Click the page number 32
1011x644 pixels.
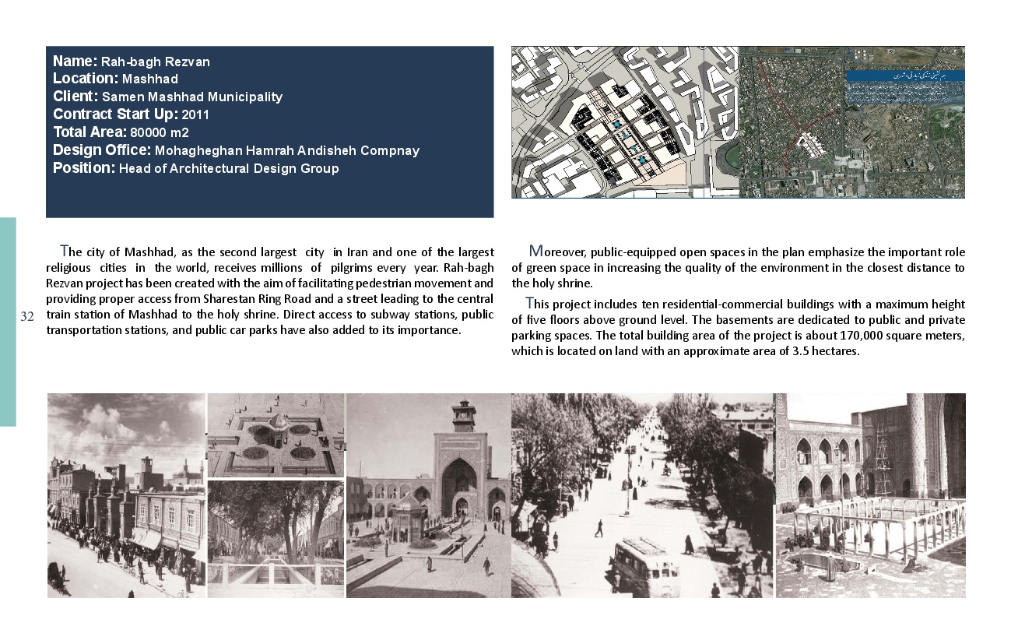(27, 316)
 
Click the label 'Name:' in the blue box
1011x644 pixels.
(75, 61)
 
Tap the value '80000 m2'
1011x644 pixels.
(159, 132)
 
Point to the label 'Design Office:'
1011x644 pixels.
(102, 150)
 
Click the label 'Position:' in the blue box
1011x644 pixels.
(84, 167)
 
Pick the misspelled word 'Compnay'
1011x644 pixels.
(391, 150)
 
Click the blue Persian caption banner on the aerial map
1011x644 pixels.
(905, 76)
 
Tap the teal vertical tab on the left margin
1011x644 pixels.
(8, 322)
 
